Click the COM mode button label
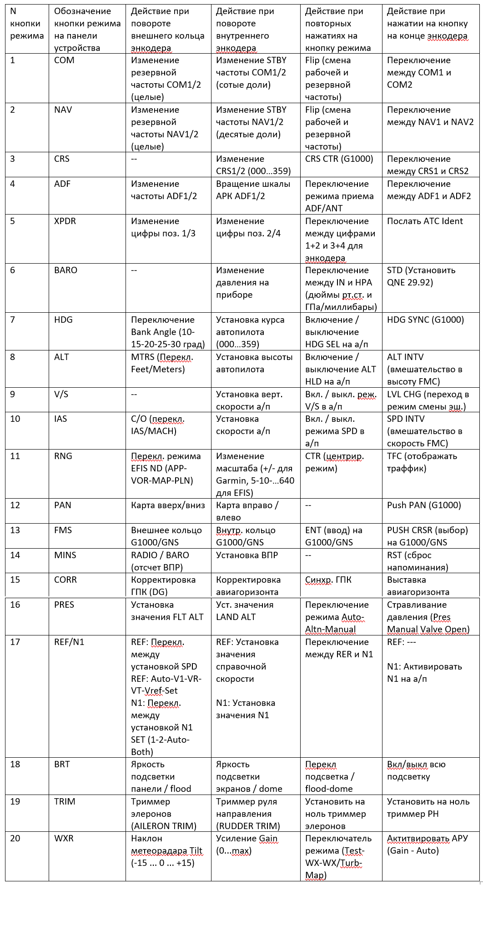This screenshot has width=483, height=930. [x=64, y=60]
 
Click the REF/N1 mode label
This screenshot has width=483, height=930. [x=69, y=642]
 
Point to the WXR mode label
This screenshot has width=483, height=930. [x=64, y=838]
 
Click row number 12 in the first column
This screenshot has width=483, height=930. [x=15, y=505]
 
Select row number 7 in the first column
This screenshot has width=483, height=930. [x=12, y=320]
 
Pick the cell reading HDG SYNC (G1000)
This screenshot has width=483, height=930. [x=425, y=320]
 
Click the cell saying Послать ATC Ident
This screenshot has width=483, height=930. [x=425, y=221]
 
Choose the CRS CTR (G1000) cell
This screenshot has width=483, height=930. [x=339, y=159]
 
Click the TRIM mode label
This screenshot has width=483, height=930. [x=65, y=801]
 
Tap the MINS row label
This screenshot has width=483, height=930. [x=65, y=555]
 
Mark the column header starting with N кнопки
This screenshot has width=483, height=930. [x=27, y=24]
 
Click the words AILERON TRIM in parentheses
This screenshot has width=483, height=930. [x=164, y=826]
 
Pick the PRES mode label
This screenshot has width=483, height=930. [x=64, y=605]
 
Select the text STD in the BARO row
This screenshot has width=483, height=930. [x=395, y=270]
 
